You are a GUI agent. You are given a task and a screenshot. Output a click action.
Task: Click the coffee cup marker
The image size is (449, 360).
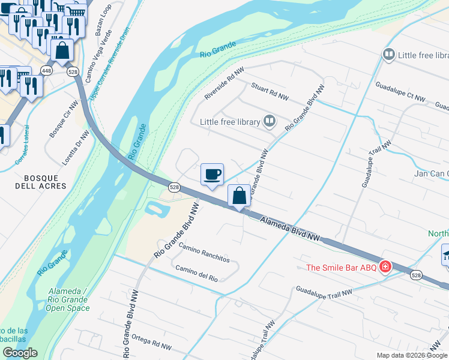[x=212, y=175]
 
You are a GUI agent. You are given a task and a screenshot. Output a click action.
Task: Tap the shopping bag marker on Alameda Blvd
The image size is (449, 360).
[x=239, y=196]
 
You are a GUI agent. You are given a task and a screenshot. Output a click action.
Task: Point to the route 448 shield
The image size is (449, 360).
[x=46, y=71]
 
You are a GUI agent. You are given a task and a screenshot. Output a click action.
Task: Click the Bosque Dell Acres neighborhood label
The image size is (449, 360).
[x=40, y=182]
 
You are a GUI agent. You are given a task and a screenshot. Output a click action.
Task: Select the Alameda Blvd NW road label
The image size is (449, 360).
[x=290, y=230]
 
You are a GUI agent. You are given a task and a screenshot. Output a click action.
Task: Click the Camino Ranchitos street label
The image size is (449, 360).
[x=204, y=254]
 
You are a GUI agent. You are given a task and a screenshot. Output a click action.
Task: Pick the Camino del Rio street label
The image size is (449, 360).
[x=196, y=273]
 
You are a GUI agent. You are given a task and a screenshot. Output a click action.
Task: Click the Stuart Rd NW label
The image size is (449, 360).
[x=270, y=91]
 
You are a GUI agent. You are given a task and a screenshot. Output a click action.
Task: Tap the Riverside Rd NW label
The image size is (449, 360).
[x=224, y=83]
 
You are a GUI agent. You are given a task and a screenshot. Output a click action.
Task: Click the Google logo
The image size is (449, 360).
[x=20, y=353]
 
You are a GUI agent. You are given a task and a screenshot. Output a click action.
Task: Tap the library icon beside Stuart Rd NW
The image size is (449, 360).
[x=270, y=122]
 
